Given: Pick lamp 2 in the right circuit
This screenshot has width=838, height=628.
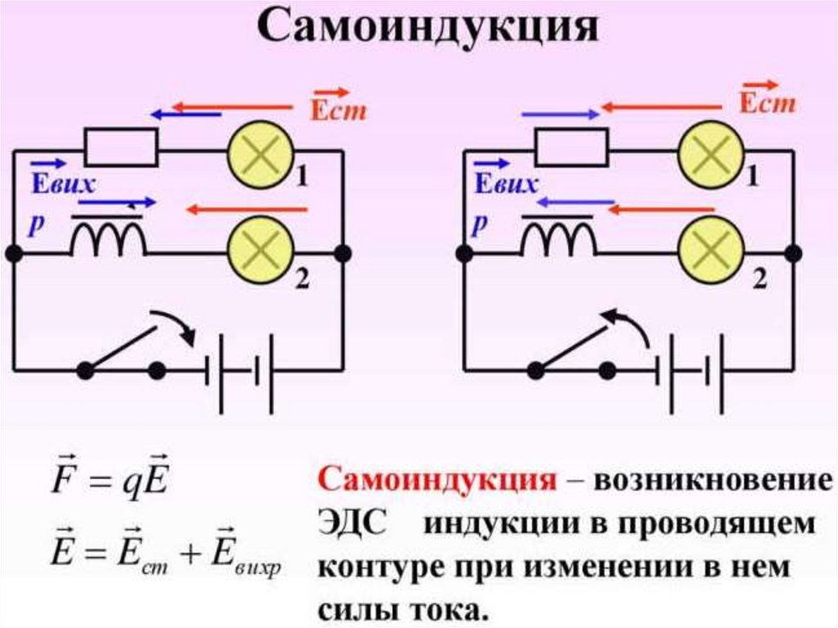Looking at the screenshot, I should [710, 252].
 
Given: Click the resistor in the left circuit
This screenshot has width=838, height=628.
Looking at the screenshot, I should [122, 148].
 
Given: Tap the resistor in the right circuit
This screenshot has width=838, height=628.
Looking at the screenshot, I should [571, 148].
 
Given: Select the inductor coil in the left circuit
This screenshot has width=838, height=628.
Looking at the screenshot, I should [109, 240].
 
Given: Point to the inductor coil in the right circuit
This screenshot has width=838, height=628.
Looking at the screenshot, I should [559, 240].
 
